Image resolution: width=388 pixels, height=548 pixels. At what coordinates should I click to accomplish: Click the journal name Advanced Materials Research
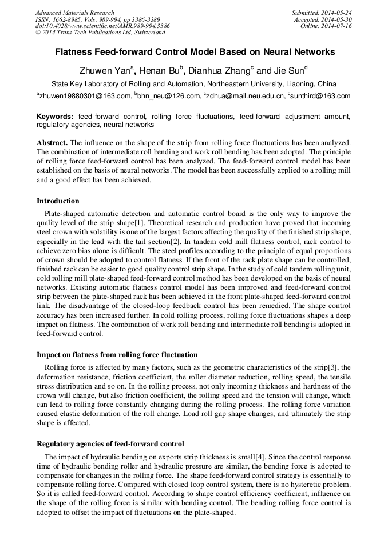coord(74,13)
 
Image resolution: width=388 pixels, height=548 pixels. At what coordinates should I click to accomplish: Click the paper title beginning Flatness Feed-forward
coord(195,52)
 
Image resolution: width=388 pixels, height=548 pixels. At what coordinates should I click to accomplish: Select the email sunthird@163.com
coord(320,96)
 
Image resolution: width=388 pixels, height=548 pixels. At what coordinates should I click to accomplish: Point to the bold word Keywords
coord(54,116)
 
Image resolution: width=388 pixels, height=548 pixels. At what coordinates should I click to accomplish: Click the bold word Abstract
coord(52,141)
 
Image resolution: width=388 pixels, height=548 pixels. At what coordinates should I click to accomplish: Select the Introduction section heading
coord(58,201)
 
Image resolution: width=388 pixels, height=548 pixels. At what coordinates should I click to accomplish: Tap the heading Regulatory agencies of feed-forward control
coord(110,443)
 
